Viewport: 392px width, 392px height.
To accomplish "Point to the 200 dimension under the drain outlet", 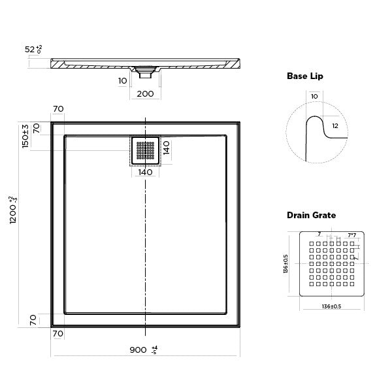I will [x=145, y=94].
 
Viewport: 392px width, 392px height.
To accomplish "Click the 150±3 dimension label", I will [x=25, y=136].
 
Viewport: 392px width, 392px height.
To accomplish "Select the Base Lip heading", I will [x=304, y=76].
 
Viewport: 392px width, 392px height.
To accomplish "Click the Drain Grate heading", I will [x=311, y=215].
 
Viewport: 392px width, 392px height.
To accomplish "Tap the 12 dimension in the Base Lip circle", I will [x=334, y=125].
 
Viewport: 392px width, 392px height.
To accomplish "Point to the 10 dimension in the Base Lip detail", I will [x=314, y=97].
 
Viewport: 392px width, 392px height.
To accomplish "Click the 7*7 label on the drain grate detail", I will [x=351, y=235].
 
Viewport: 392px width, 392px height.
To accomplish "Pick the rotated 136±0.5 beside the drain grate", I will [x=285, y=264].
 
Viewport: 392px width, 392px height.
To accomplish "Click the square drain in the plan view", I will [x=145, y=151].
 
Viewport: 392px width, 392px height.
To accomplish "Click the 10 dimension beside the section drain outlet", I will [x=123, y=81].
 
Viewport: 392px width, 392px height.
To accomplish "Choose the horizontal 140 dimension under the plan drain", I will [x=145, y=172].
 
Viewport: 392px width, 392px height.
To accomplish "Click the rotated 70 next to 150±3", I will [x=37, y=128].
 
